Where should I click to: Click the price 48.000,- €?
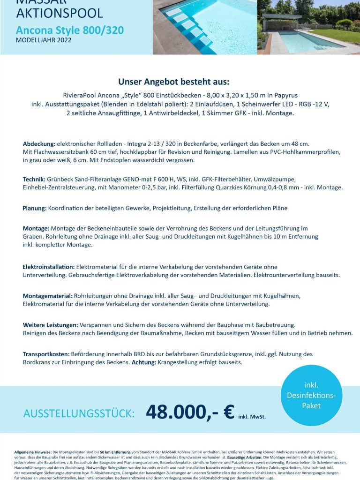coord(190,412)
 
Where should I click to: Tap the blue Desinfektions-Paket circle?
coord(311,395)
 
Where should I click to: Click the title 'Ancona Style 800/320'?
coord(70,30)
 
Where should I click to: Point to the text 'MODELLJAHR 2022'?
coord(44,40)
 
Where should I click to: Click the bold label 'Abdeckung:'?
coord(39,143)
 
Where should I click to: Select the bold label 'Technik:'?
coord(34,180)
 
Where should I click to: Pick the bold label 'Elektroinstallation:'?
coord(48,267)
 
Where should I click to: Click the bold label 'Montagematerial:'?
coord(47,296)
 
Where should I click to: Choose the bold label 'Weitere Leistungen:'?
coord(50,325)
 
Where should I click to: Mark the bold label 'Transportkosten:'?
coord(46,354)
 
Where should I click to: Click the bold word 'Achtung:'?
coord(143,362)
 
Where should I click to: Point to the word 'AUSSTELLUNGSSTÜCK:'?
coord(79,413)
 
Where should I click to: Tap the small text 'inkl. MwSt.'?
coord(252,416)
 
